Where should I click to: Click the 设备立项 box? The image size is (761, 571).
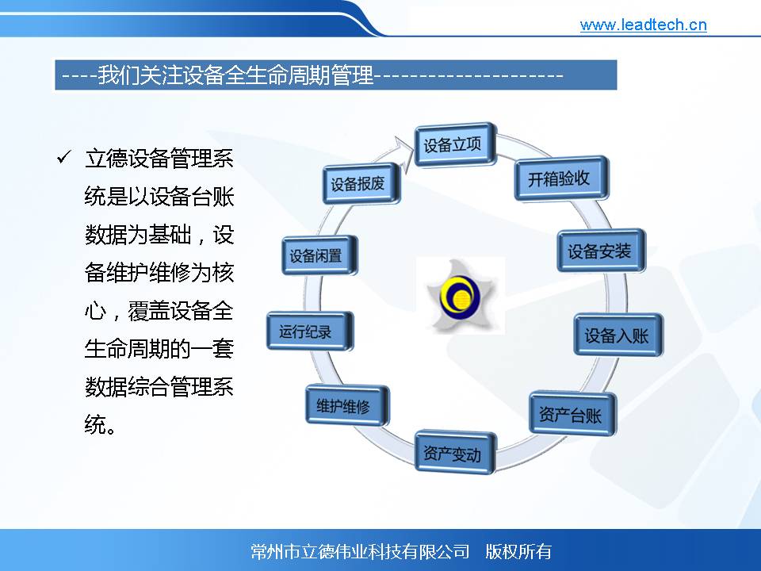click(x=456, y=144)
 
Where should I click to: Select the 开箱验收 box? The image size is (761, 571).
click(x=561, y=178)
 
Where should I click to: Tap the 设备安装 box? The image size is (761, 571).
click(x=602, y=251)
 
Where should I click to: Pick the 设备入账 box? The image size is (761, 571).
click(x=618, y=335)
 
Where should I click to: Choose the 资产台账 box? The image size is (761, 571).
click(x=572, y=413)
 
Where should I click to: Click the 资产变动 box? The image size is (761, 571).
click(x=455, y=453)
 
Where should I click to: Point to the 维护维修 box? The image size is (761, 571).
click(x=347, y=405)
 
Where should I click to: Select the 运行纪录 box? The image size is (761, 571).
click(x=310, y=331)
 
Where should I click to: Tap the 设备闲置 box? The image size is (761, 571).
click(x=319, y=255)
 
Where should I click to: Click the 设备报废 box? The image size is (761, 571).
click(x=361, y=183)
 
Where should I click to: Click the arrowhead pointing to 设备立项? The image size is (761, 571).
click(x=403, y=148)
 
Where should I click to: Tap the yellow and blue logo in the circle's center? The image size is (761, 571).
click(x=460, y=296)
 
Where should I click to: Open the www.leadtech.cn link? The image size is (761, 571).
click(x=643, y=25)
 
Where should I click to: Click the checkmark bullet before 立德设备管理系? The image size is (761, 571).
click(x=64, y=157)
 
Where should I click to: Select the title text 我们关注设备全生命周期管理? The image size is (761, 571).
click(x=235, y=75)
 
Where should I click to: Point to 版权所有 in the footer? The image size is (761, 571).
click(x=518, y=551)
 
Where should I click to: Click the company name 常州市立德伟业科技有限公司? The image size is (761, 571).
click(x=360, y=551)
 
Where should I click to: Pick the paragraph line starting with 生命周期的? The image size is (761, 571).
click(x=159, y=349)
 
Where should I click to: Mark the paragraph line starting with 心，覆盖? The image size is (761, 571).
click(x=159, y=311)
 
